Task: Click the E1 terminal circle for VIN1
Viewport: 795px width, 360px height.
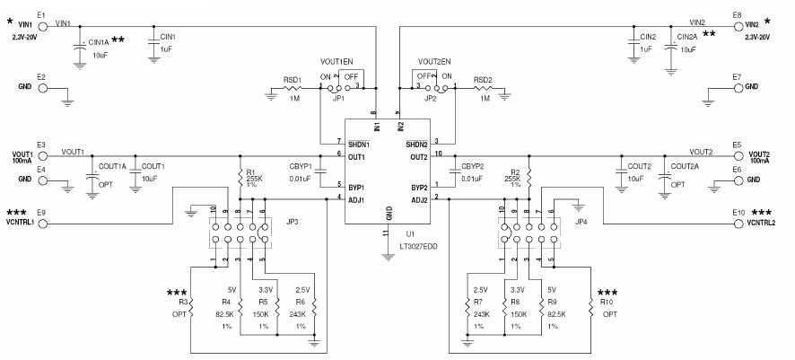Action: (x=42, y=25)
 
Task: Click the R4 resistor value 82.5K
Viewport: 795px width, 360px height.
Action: (x=224, y=315)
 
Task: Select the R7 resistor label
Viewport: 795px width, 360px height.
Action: (x=480, y=303)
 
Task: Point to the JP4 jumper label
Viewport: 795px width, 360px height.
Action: (x=581, y=221)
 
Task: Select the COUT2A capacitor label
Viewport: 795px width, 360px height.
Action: (x=688, y=167)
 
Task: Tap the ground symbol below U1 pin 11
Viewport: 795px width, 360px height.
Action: (x=388, y=257)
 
